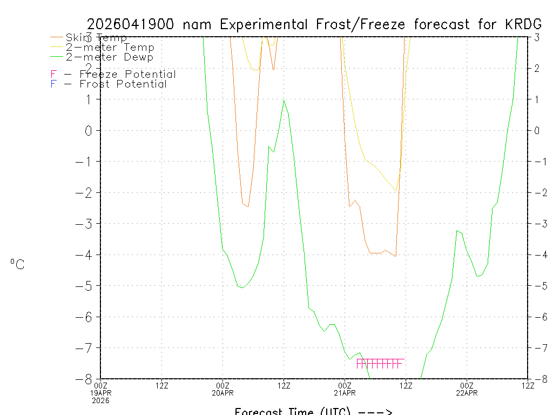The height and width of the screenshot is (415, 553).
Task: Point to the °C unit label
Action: tap(17, 264)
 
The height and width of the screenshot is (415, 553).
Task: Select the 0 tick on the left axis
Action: tap(90, 130)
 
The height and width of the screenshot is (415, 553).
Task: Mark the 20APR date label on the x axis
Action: tap(223, 393)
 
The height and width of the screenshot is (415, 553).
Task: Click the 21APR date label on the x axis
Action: tap(345, 393)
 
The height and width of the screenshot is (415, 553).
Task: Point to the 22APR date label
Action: tap(467, 393)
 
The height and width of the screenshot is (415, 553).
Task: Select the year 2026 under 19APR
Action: tap(101, 400)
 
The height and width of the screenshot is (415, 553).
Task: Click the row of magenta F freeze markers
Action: tap(380, 364)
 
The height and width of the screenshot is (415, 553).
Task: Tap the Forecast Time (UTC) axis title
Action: tap(313, 411)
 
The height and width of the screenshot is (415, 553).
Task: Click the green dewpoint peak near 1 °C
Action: tap(284, 100)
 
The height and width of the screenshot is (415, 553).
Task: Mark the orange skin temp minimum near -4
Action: tap(396, 256)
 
